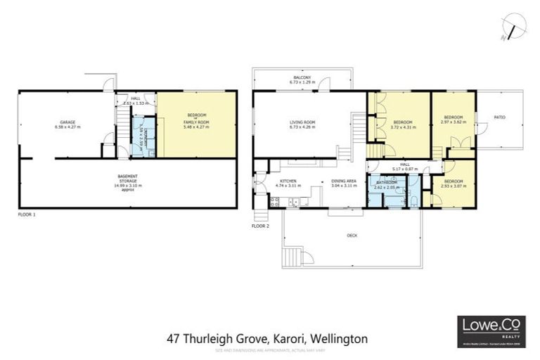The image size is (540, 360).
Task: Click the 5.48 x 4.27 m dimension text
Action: click(196, 127)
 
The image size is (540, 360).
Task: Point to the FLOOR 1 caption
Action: click(26, 214)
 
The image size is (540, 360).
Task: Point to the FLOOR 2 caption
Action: click(260, 226)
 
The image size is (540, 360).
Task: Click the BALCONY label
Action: click(302, 77)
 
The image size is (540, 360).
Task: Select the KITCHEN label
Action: click(288, 181)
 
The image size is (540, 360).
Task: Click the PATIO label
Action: click(499, 117)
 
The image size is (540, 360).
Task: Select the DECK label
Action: click(352, 236)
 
